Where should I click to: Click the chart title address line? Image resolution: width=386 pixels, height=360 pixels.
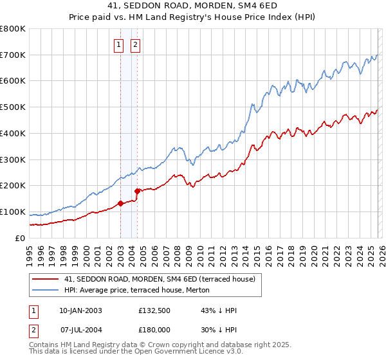(x=193, y=6)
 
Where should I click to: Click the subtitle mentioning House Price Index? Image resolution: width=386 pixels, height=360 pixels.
(x=193, y=17)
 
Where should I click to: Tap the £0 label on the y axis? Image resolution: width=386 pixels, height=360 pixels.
(x=19, y=238)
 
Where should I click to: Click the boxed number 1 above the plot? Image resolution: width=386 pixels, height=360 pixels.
(x=120, y=45)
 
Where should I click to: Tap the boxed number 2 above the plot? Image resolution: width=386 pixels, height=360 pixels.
(x=136, y=45)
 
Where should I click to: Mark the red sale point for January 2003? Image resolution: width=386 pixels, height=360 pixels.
(x=120, y=204)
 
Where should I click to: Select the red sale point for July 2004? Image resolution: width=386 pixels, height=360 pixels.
(x=137, y=191)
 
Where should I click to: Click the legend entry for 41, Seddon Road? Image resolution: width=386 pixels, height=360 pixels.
(x=160, y=279)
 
